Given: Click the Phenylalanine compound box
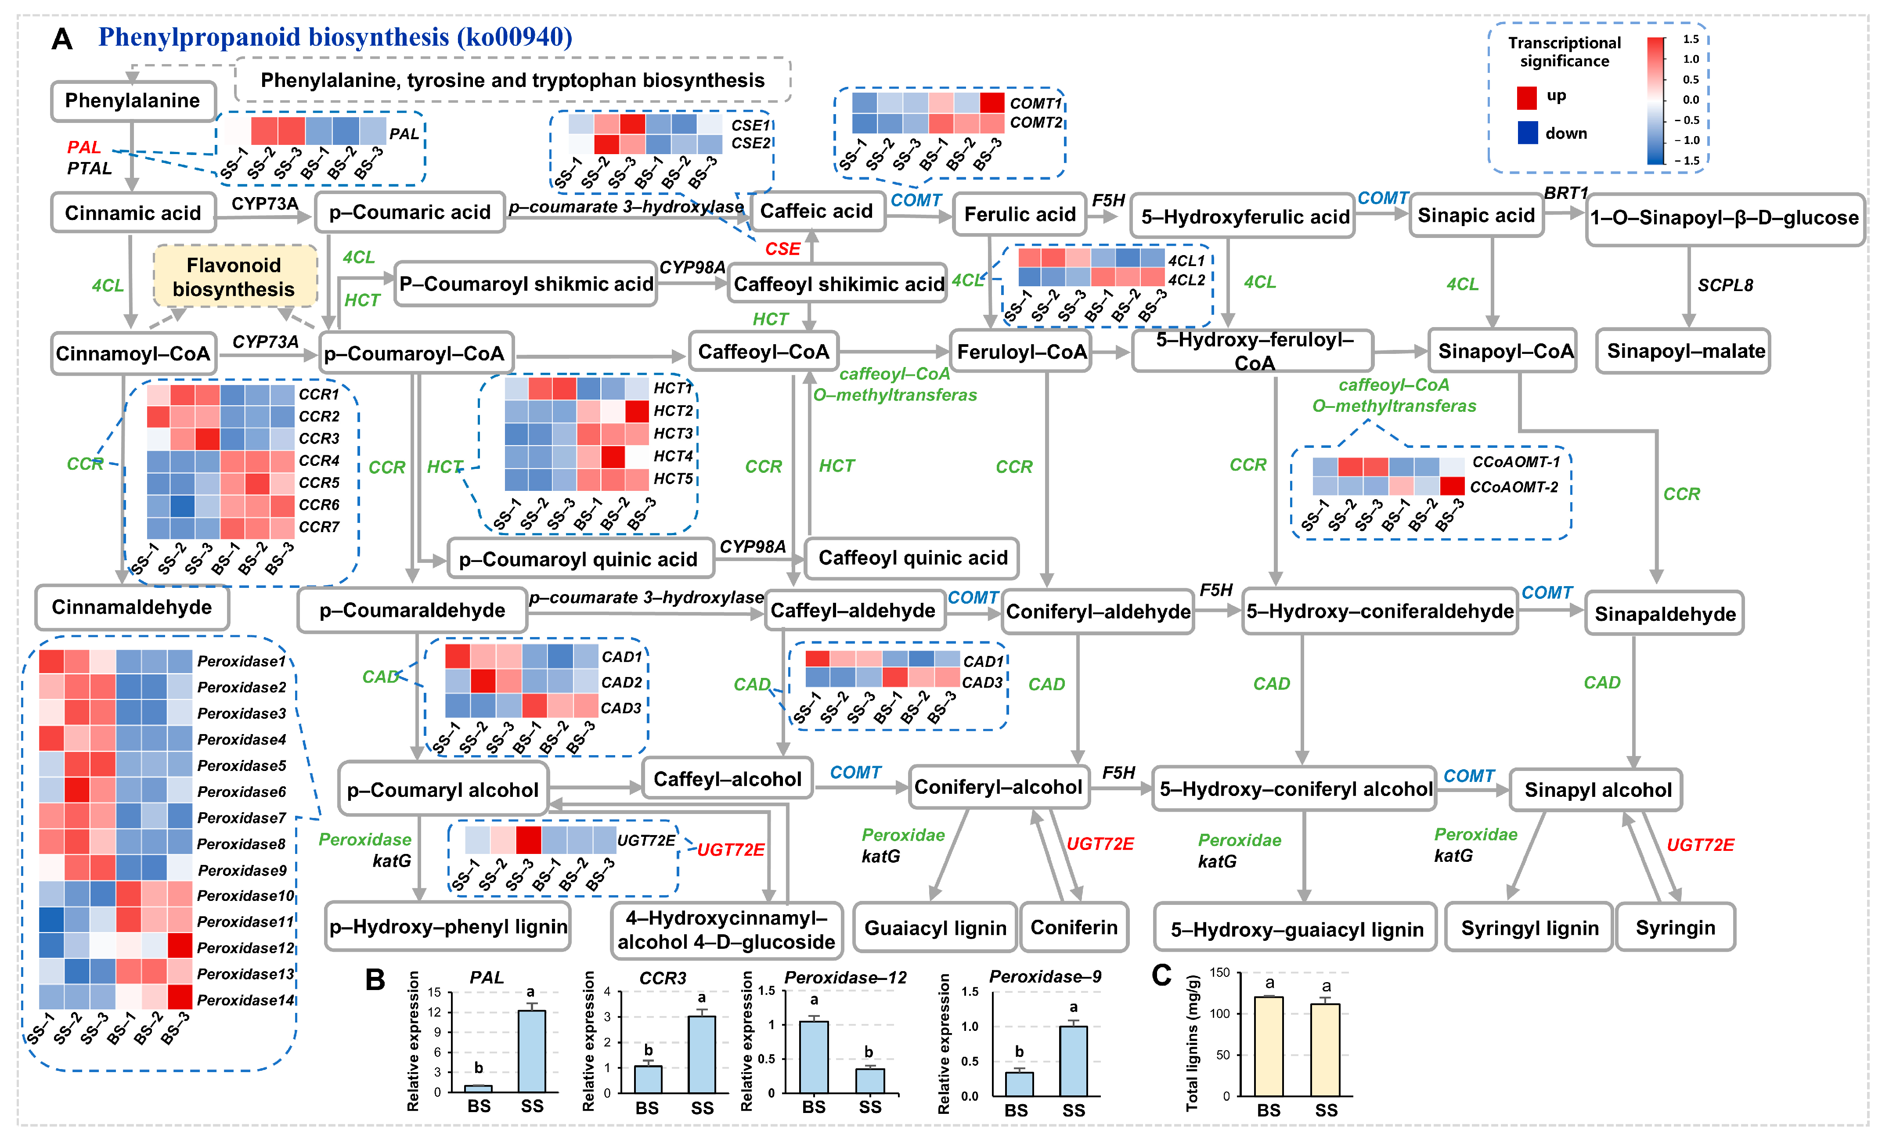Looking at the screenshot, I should pyautogui.click(x=133, y=101).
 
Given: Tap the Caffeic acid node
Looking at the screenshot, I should pyautogui.click(x=816, y=212).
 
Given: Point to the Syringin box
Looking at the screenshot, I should pyautogui.click(x=1675, y=928).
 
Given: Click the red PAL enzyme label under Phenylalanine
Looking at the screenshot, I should pyautogui.click(x=84, y=148).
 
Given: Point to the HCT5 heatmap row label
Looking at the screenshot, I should pyautogui.click(x=673, y=479).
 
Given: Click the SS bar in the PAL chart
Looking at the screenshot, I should pyautogui.click(x=532, y=1051).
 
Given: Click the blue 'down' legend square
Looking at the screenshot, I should pyautogui.click(x=1528, y=133).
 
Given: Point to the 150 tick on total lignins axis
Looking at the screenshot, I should pyautogui.click(x=1220, y=973).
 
